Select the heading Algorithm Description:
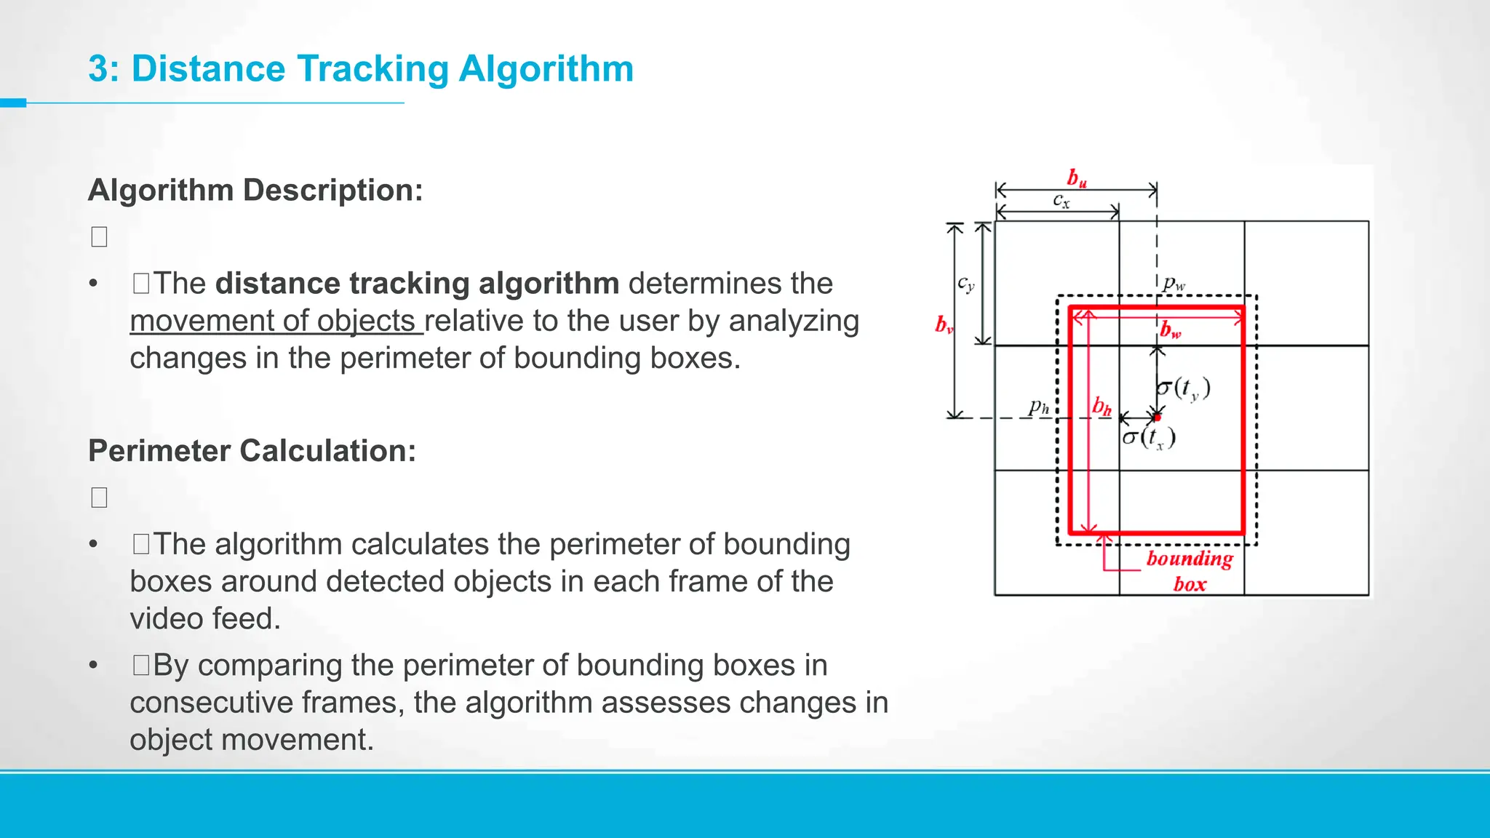255,191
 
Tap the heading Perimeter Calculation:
252,451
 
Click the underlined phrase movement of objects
275,321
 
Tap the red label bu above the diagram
1077,178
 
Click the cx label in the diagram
1061,200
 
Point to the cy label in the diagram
965,284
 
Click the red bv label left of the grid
944,324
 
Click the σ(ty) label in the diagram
1184,388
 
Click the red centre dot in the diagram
1157,418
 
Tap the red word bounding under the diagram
1190,559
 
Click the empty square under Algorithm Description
100,237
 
